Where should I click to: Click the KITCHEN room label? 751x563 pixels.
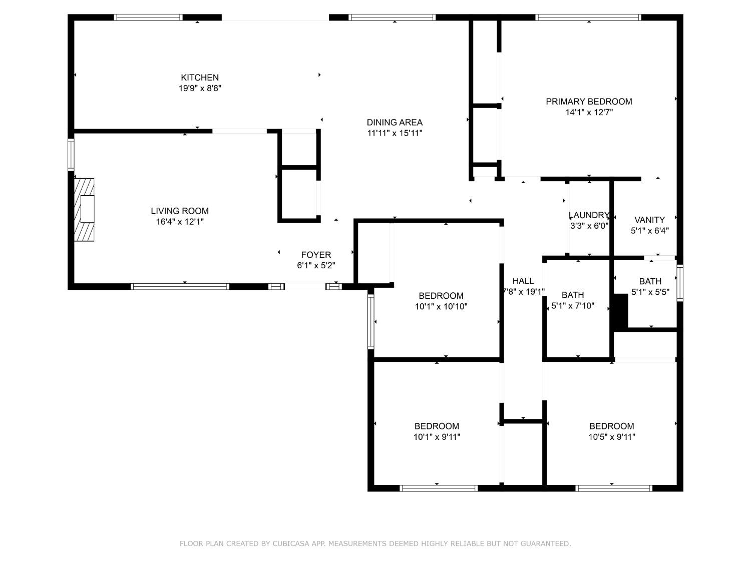pyautogui.click(x=200, y=78)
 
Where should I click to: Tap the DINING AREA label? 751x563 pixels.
pyautogui.click(x=395, y=122)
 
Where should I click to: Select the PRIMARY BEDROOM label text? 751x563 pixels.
pyautogui.click(x=589, y=102)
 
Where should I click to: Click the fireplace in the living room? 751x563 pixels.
pyautogui.click(x=85, y=209)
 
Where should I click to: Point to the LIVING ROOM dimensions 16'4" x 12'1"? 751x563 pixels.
pyautogui.click(x=180, y=222)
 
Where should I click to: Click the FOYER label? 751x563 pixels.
pyautogui.click(x=316, y=255)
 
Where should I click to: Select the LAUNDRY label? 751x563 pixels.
pyautogui.click(x=589, y=215)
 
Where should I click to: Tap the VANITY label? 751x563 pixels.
pyautogui.click(x=649, y=220)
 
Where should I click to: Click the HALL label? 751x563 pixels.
pyautogui.click(x=523, y=281)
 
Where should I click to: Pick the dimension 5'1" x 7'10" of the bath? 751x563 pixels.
pyautogui.click(x=573, y=306)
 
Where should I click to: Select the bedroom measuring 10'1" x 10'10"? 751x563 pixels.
pyautogui.click(x=441, y=301)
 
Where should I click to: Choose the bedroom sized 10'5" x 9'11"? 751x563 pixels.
pyautogui.click(x=611, y=431)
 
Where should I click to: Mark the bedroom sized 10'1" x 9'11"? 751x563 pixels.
pyautogui.click(x=437, y=431)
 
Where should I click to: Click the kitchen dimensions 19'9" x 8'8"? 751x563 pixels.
pyautogui.click(x=200, y=89)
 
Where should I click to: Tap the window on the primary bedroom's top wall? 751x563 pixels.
pyautogui.click(x=588, y=18)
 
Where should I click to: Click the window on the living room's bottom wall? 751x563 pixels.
pyautogui.click(x=180, y=287)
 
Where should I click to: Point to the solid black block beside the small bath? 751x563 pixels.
pyautogui.click(x=621, y=311)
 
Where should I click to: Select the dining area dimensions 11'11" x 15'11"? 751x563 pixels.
pyautogui.click(x=395, y=133)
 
